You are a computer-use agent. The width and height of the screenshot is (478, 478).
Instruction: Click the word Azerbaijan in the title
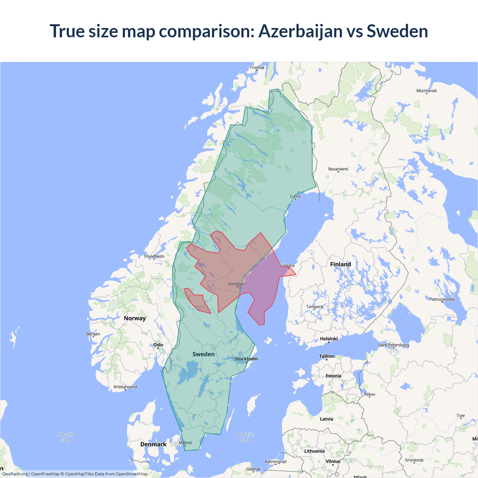pyautogui.click(x=300, y=31)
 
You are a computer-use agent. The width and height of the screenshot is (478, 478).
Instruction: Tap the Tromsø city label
pyautogui.click(x=257, y=68)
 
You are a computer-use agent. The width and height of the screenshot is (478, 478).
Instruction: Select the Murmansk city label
pyautogui.click(x=426, y=91)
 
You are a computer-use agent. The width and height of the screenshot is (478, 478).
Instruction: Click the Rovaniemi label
pyautogui.click(x=338, y=169)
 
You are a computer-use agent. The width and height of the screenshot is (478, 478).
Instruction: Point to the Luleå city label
pyautogui.click(x=295, y=196)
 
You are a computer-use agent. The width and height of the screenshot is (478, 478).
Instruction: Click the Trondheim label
pyautogui.click(x=154, y=257)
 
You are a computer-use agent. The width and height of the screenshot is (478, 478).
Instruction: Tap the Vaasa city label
pyautogui.click(x=289, y=266)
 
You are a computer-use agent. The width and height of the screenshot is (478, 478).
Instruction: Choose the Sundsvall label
pyautogui.click(x=237, y=284)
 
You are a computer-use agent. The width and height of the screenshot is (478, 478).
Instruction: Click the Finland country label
pyautogui.click(x=340, y=264)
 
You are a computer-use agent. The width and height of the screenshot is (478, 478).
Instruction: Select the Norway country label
pyautogui.click(x=134, y=319)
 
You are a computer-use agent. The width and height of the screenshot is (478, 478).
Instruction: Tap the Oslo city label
pyautogui.click(x=158, y=345)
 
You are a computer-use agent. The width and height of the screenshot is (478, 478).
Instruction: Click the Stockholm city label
pyautogui.click(x=246, y=359)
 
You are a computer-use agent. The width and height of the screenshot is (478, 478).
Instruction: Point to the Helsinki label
pyautogui.click(x=329, y=339)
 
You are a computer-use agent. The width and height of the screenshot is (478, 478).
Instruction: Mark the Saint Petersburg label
pyautogui.click(x=393, y=345)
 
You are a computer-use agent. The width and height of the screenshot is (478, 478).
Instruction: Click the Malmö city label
pyautogui.click(x=185, y=443)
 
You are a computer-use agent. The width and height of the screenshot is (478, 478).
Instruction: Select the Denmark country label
pyautogui.click(x=153, y=444)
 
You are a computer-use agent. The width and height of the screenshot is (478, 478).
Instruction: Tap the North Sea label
pyautogui.click(x=65, y=437)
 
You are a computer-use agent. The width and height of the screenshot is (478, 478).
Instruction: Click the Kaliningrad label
pyautogui.click(x=275, y=462)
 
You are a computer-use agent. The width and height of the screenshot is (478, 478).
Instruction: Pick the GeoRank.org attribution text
pyautogui.click(x=15, y=474)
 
